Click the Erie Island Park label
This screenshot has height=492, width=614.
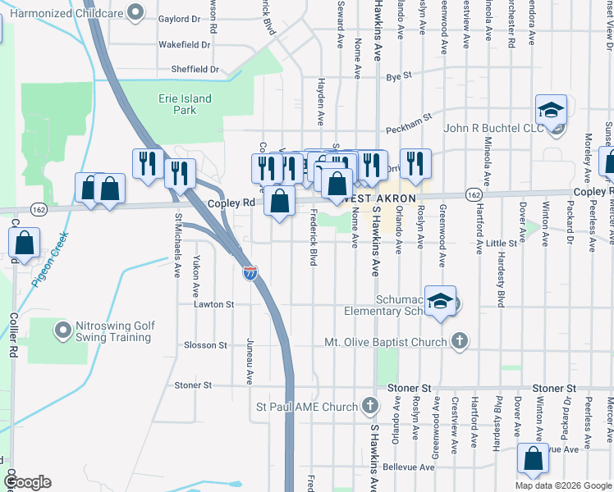coord(185,104)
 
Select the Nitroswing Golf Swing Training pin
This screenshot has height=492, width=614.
coord(62,330)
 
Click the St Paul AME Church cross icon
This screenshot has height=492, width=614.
coord(370,406)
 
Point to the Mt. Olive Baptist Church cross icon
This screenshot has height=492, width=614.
coord(460,341)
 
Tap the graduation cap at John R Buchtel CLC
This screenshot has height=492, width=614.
coord(551,110)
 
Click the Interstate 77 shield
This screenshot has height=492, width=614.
coord(250,272)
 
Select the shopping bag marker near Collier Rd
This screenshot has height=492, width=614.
coord(25,243)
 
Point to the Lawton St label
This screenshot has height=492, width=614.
coord(213,304)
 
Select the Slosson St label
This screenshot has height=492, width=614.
coord(206,345)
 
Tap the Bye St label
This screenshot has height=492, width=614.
coord(398,76)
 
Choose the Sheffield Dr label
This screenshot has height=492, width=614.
coord(195,70)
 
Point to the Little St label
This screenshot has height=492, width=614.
coord(501,243)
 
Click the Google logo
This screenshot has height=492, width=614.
coord(27,482)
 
